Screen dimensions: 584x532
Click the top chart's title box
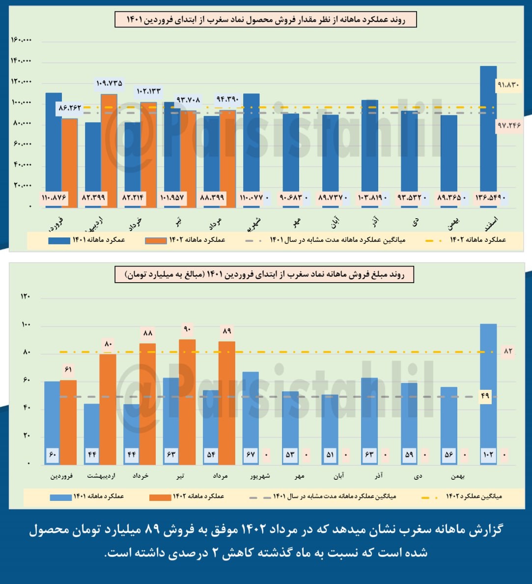(x=266, y=20)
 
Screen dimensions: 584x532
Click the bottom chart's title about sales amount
(x=264, y=274)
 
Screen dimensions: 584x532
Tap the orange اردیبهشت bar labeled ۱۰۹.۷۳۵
(x=109, y=147)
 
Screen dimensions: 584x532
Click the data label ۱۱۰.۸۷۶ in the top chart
(x=54, y=198)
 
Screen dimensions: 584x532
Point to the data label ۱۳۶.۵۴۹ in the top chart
(x=488, y=198)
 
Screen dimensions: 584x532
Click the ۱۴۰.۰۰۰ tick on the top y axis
(x=21, y=61)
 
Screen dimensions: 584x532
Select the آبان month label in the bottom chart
(x=338, y=476)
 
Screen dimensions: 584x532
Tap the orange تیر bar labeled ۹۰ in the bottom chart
(x=187, y=401)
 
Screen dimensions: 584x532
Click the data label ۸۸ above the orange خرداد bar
(x=147, y=333)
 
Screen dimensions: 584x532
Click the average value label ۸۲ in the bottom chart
(x=507, y=351)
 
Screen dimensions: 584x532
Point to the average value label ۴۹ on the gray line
(x=485, y=396)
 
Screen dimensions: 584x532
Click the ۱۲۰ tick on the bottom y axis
(x=25, y=296)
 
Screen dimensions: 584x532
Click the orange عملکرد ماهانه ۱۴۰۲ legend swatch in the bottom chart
(x=160, y=497)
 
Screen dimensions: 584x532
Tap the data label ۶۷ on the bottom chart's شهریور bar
(x=251, y=455)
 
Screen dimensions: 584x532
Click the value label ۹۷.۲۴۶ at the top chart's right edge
(x=508, y=126)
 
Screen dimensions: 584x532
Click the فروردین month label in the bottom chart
(x=62, y=476)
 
